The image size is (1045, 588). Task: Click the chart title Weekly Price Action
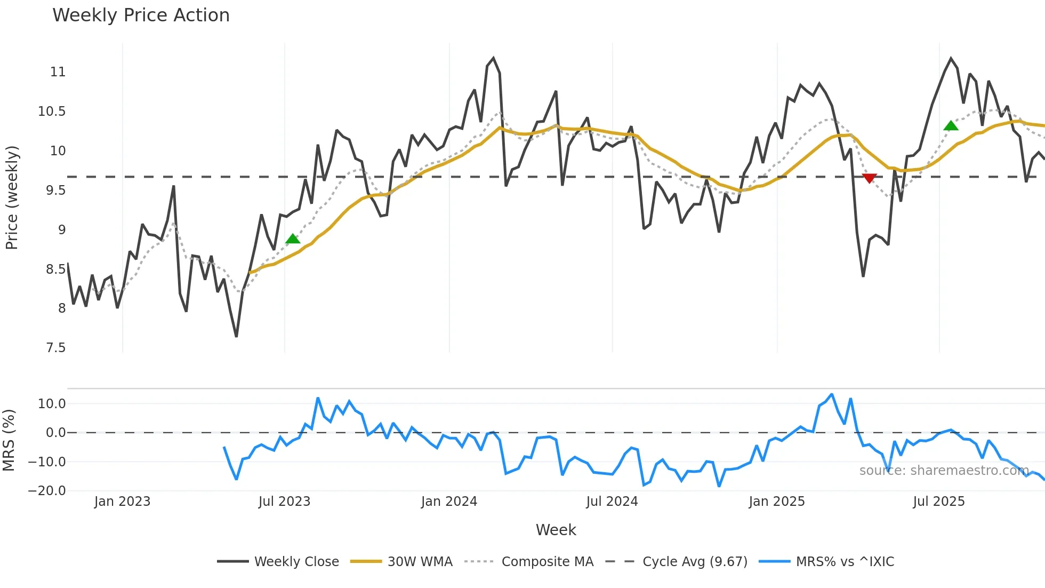click(x=141, y=15)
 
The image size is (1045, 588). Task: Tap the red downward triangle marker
click(x=869, y=178)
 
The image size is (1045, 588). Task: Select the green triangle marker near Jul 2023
click(x=293, y=239)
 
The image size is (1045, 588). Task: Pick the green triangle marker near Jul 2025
click(x=951, y=126)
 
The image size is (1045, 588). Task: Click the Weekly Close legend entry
click(x=296, y=562)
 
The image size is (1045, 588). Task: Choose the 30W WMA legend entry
click(x=420, y=562)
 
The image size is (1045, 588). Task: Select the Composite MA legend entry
click(x=547, y=562)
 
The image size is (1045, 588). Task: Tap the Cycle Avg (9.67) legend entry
click(x=695, y=562)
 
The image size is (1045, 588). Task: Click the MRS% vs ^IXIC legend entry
click(x=845, y=562)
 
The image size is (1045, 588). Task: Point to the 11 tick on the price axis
click(x=58, y=72)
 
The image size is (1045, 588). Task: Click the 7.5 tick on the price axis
click(x=55, y=348)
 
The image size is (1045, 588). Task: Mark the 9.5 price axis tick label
click(x=55, y=190)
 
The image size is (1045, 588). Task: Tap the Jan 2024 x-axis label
click(x=449, y=502)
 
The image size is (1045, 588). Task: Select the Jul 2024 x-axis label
click(x=612, y=502)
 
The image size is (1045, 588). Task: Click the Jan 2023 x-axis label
click(x=122, y=502)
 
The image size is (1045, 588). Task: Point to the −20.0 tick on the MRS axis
click(x=47, y=491)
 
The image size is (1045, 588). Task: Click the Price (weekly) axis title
click(x=12, y=197)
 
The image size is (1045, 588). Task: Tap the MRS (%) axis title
click(x=9, y=440)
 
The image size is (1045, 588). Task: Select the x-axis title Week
click(x=556, y=530)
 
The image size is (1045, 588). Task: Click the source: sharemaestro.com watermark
click(x=944, y=471)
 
